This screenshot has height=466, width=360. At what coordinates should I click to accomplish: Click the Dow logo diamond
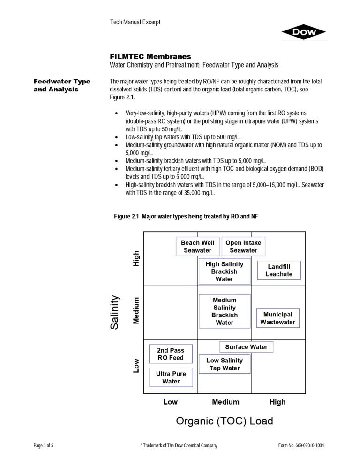tap(304, 32)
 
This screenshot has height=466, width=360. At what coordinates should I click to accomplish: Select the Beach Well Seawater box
tap(197, 247)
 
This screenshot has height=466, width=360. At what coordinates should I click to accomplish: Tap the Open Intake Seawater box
tap(243, 247)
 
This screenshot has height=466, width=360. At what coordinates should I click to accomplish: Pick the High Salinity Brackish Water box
tap(224, 271)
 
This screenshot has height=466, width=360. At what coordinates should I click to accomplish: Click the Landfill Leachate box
tap(279, 271)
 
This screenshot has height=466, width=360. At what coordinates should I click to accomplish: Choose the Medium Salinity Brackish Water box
tap(225, 311)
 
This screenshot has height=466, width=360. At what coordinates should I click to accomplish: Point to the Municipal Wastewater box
tap(277, 318)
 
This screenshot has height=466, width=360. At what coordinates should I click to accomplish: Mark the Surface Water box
tap(246, 347)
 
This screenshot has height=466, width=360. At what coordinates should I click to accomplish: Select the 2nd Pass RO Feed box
tap(171, 354)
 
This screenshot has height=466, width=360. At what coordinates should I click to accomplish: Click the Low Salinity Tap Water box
tap(225, 364)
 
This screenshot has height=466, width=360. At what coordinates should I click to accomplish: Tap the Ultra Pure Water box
tap(171, 377)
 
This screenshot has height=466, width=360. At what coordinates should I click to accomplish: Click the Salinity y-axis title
tap(115, 312)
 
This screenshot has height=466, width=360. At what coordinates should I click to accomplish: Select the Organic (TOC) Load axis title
tap(225, 421)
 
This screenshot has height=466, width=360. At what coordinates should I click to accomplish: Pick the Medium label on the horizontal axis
tap(225, 402)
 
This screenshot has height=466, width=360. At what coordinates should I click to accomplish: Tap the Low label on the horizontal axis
tap(170, 402)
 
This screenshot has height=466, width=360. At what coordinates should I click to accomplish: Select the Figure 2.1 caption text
tap(186, 216)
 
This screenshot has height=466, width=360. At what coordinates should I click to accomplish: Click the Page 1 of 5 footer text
tap(43, 445)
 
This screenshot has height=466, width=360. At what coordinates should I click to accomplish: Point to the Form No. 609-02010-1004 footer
tap(301, 445)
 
